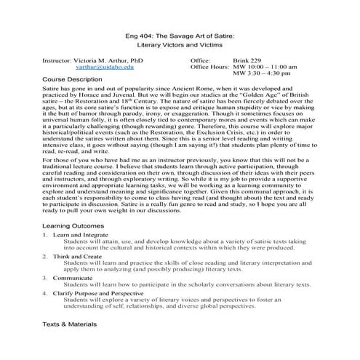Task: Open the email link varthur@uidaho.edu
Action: click(105, 67)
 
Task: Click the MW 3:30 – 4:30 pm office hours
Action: click(262, 74)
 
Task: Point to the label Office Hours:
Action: click(209, 67)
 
